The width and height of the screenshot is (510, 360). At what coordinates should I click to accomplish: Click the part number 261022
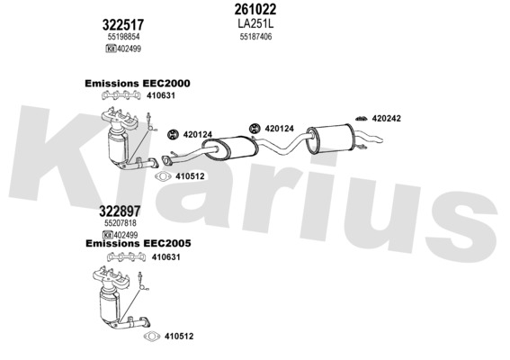[255, 9]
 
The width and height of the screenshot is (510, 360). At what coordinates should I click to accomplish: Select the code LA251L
[255, 23]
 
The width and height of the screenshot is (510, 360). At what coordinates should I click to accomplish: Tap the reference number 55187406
[255, 37]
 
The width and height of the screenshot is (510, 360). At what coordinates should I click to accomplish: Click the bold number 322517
[123, 24]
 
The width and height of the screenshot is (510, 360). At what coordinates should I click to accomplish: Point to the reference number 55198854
[123, 37]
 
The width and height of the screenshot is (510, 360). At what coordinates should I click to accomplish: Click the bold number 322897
[120, 211]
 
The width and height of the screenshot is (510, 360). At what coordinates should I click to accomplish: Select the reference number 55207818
[121, 223]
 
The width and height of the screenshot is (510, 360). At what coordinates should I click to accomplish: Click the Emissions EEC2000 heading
[138, 84]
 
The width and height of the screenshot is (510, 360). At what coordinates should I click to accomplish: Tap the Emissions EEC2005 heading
[139, 243]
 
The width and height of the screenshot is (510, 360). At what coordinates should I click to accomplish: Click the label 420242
[387, 119]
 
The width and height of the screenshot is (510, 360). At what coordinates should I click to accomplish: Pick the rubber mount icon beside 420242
[361, 119]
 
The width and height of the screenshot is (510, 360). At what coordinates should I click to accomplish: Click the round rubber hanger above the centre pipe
[255, 129]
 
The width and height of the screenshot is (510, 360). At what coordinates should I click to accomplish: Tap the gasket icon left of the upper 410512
[164, 176]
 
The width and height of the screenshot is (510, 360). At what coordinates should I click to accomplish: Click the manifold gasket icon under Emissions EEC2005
[126, 257]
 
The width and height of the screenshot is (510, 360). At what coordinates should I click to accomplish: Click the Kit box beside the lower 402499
[108, 235]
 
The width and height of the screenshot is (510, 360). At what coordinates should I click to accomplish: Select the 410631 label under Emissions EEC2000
[161, 95]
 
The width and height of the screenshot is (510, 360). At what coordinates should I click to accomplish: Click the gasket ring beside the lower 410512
[152, 337]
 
